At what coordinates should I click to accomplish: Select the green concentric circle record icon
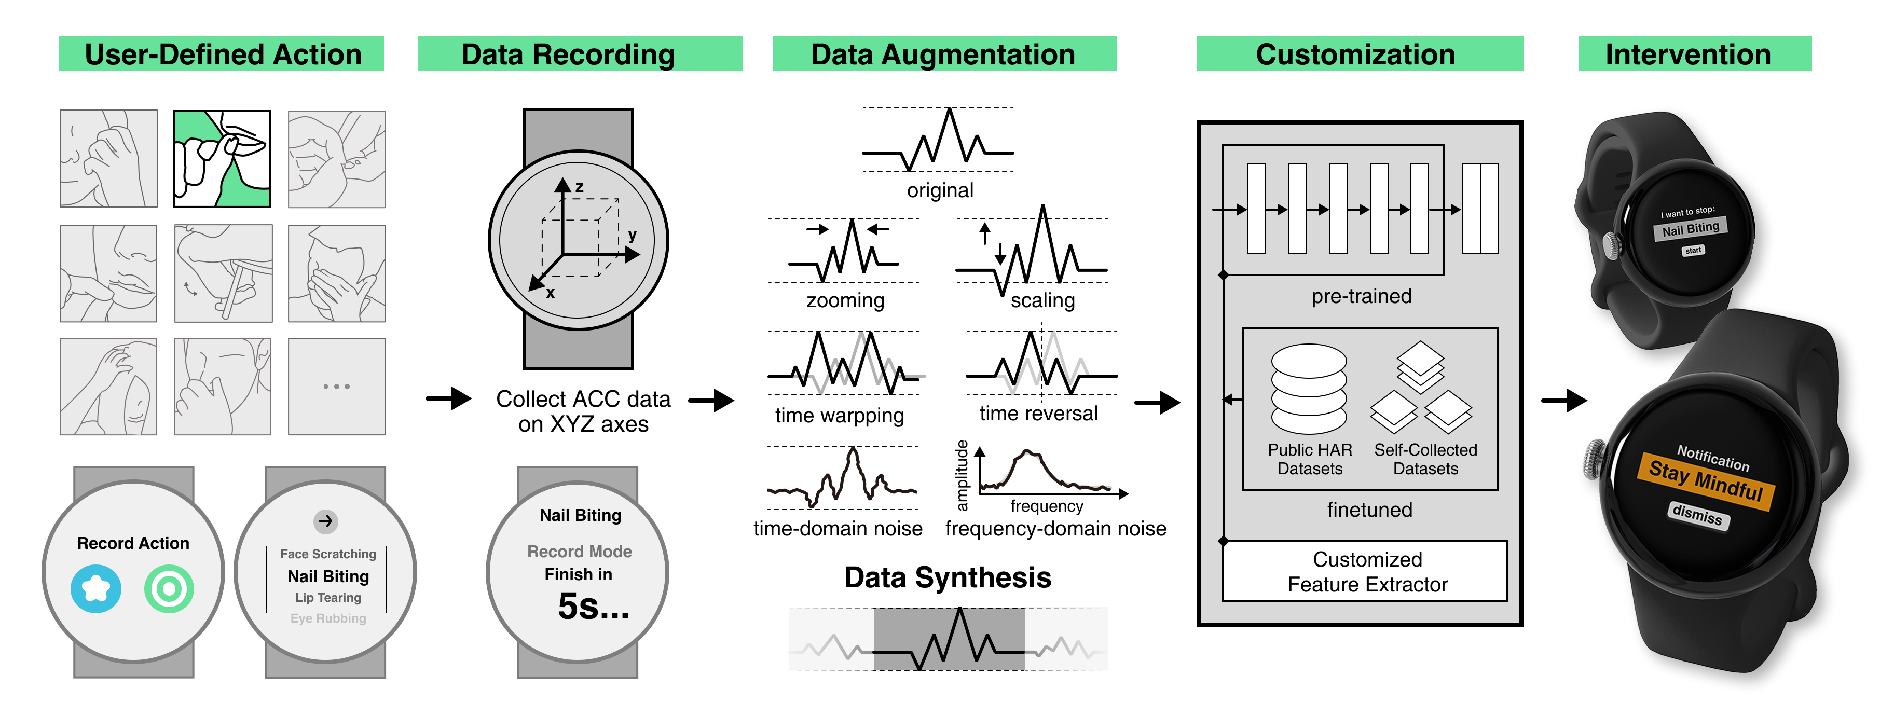[169, 589]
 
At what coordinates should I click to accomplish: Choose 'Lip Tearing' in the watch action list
[328, 598]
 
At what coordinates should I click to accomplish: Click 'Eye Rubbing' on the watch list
[328, 618]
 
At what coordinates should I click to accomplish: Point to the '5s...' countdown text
[593, 607]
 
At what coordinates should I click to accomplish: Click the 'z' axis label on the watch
[580, 187]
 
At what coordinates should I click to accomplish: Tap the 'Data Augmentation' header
[943, 54]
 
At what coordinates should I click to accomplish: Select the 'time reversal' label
[1038, 413]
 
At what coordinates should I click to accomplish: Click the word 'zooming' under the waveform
[845, 300]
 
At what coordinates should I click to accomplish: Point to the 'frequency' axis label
[1046, 506]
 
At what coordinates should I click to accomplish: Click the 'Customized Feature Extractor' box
[1366, 571]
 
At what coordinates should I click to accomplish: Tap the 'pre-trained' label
[1361, 296]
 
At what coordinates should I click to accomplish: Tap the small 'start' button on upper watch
[1693, 251]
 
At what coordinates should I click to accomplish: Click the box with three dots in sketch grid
[337, 386]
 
